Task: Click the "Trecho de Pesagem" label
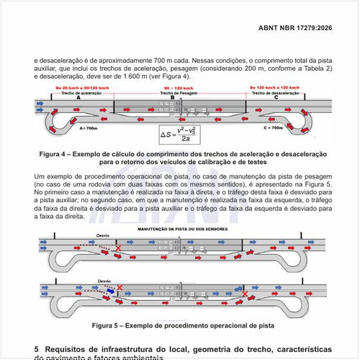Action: (173, 93)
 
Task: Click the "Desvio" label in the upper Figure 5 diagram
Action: (103, 235)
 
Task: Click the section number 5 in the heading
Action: (37, 349)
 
